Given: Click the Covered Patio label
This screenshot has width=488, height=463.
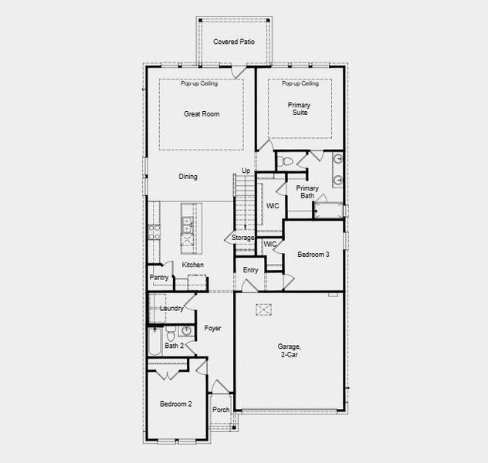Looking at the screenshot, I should (234, 41).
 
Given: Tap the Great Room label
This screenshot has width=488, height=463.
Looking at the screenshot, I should (202, 114).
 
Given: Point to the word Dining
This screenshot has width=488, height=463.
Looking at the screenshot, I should (188, 177).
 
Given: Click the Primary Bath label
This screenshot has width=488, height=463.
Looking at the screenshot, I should (307, 192).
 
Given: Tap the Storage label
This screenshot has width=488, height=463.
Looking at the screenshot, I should (243, 238).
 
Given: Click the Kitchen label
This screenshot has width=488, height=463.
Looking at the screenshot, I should (193, 265).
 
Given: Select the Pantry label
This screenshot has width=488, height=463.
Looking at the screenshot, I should (159, 278).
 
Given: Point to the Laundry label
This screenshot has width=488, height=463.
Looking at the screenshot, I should (171, 309).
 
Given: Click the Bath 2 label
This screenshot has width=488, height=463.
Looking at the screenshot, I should (175, 346).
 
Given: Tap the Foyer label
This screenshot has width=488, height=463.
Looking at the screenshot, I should (212, 329).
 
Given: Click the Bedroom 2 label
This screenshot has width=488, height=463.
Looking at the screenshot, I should (176, 404).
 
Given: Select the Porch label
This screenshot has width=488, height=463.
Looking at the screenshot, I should (221, 410).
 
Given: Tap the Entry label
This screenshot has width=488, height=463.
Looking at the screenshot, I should (250, 270).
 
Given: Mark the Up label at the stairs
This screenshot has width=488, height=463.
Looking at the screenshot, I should (246, 171).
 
